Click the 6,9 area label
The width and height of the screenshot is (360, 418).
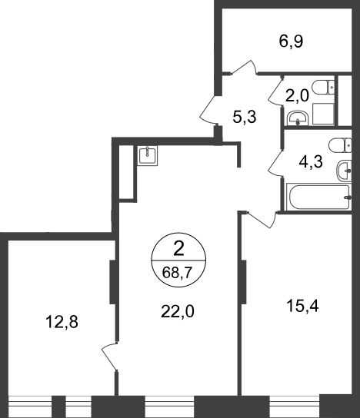[291, 41]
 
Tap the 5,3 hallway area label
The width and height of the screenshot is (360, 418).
[245, 117]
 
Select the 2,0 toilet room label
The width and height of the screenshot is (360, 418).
[297, 96]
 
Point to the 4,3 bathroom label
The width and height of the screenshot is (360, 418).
[311, 162]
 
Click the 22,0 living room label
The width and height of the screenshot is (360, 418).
[178, 311]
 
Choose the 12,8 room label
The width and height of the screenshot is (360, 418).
[62, 322]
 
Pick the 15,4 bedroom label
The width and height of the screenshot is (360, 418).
[302, 306]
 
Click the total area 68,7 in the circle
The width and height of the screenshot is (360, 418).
[178, 273]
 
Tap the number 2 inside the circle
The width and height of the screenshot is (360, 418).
[178, 250]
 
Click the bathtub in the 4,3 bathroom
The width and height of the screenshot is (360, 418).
[318, 197]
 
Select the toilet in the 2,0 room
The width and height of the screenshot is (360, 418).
[323, 88]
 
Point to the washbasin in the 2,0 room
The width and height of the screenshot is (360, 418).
[298, 118]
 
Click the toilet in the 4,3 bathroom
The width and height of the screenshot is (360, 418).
[340, 145]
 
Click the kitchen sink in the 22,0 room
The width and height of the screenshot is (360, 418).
[148, 155]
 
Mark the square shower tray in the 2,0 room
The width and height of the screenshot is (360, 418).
[323, 114]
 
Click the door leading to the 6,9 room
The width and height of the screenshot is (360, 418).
[244, 67]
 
